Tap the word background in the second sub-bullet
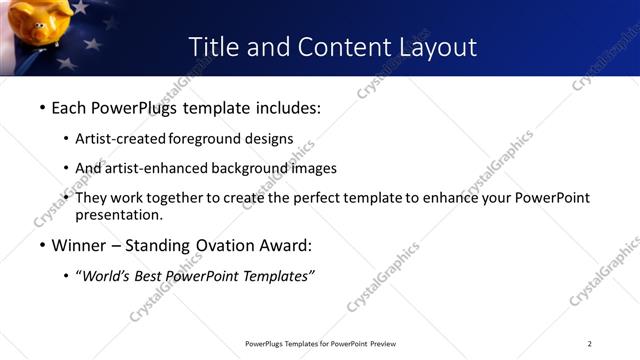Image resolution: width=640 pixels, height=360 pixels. (264, 168)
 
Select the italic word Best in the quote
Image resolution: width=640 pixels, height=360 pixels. (151, 277)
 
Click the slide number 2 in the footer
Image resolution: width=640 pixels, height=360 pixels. (590, 345)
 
